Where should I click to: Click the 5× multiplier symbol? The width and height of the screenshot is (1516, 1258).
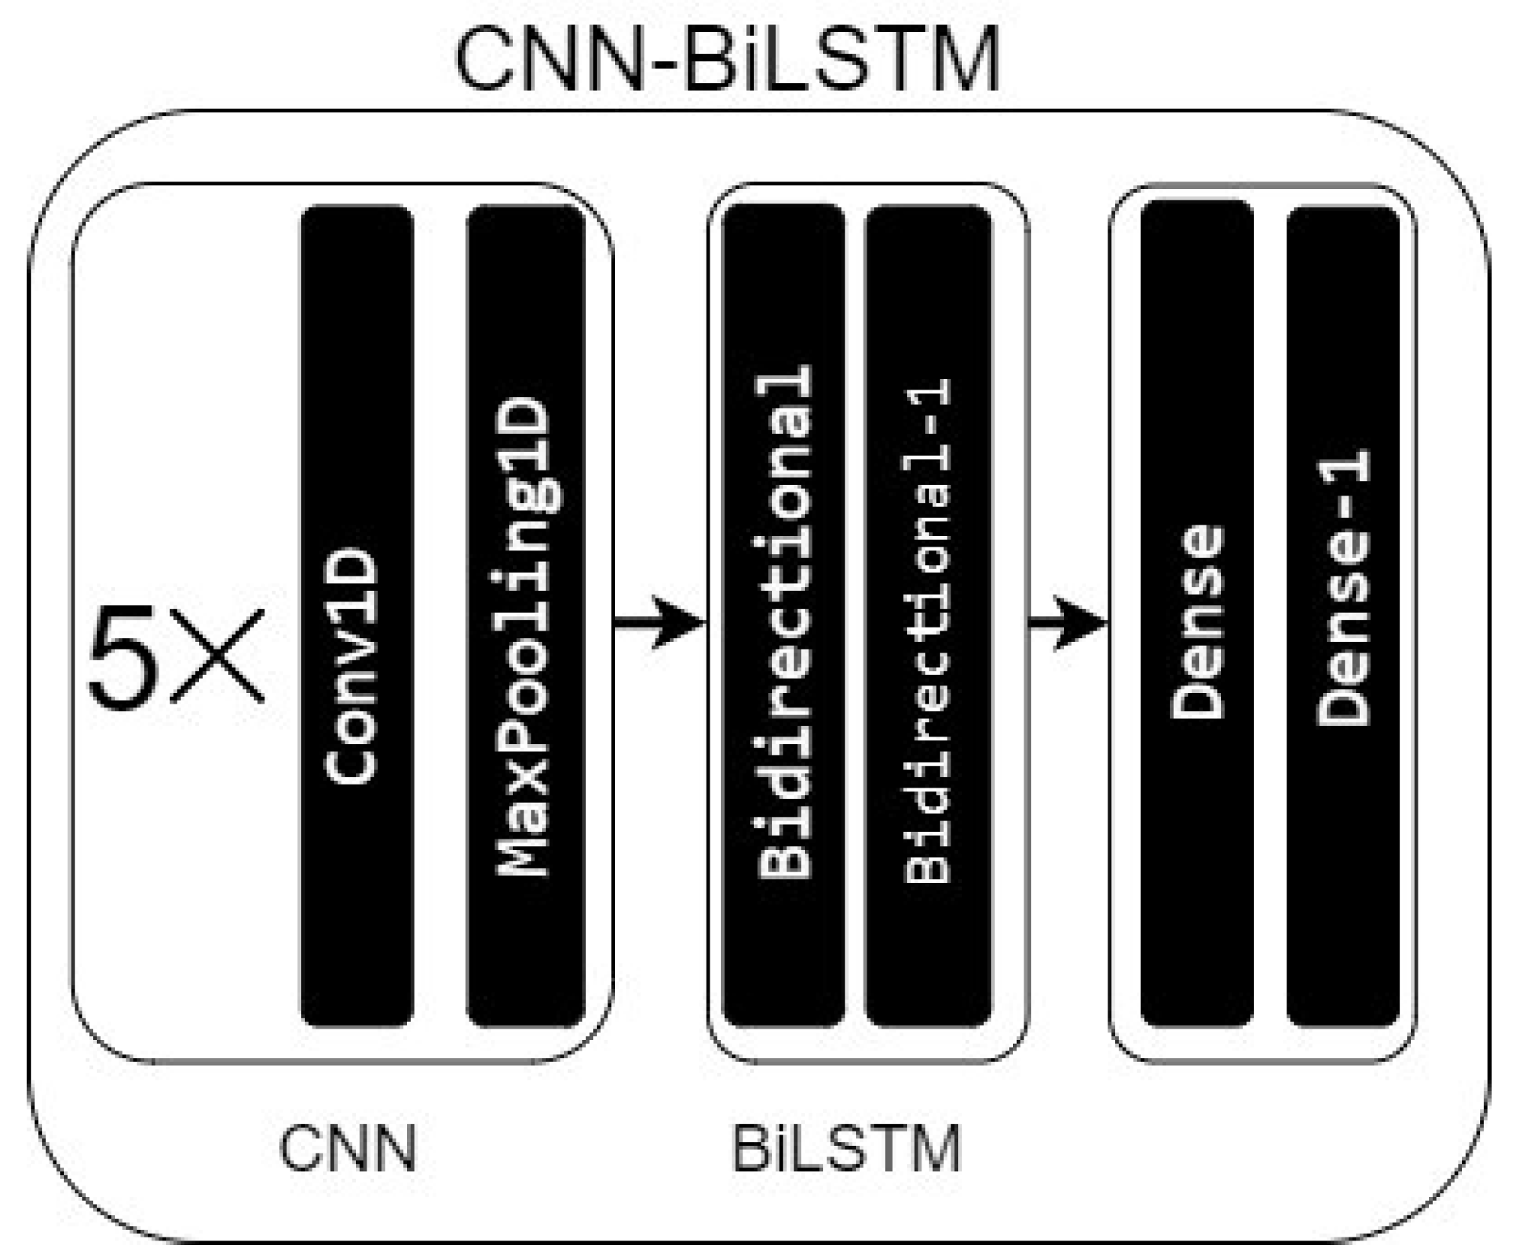click(x=175, y=657)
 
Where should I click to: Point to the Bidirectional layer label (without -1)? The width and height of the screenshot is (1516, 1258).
click(x=784, y=622)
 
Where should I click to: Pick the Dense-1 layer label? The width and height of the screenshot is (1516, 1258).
click(x=1343, y=587)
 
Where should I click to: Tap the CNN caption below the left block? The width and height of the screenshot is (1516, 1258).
click(x=348, y=1149)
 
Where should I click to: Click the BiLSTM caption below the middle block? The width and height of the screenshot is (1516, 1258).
click(x=846, y=1149)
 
